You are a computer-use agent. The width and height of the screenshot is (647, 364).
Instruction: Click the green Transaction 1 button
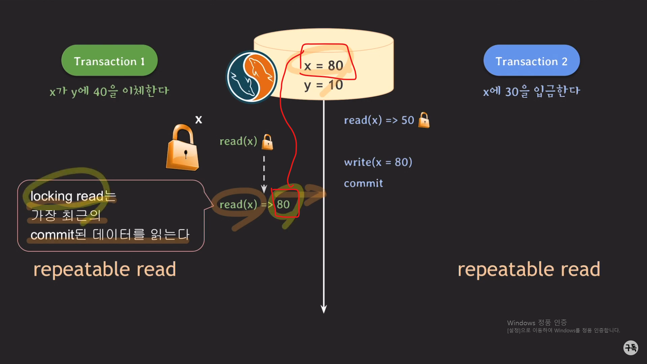point(109,61)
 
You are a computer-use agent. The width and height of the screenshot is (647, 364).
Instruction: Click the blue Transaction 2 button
point(531,61)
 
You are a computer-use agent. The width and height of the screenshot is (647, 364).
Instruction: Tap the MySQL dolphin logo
point(251,77)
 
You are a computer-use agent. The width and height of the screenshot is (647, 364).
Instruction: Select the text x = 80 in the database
point(323,65)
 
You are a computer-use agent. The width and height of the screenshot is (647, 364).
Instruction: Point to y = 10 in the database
point(323,85)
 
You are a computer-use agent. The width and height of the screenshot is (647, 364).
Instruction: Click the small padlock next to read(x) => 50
point(424,120)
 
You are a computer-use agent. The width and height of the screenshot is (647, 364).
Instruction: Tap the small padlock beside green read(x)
point(268,142)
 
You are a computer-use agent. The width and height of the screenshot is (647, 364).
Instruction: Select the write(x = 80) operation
point(378,162)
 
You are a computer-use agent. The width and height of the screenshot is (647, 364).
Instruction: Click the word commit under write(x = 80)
point(363,183)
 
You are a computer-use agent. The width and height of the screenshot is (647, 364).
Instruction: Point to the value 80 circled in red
point(283,204)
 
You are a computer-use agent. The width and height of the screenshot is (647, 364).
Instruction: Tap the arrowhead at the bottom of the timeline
point(323,309)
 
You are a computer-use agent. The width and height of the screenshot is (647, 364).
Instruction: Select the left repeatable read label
point(104,269)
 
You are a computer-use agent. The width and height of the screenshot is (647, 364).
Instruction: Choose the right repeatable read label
point(529,269)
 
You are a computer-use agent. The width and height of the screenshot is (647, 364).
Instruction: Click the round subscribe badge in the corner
point(630,347)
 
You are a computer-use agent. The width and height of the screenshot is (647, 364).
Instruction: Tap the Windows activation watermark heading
point(537,323)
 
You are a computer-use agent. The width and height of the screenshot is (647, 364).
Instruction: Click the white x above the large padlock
point(198,120)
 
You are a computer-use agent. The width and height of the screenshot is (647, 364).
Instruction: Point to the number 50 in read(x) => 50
point(408,120)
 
